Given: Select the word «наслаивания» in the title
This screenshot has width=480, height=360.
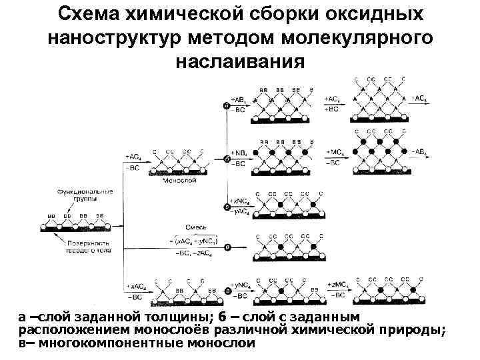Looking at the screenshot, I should tap(240, 62).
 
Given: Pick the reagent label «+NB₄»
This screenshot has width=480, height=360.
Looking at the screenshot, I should tap(237, 153).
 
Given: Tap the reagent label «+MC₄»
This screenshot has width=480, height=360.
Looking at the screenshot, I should tap(335, 153).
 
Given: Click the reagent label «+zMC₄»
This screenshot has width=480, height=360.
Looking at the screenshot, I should tap(337, 285).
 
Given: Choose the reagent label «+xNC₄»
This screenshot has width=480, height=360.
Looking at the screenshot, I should tap(239, 201).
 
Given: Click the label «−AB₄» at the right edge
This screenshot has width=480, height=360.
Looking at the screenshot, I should tap(420, 152).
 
